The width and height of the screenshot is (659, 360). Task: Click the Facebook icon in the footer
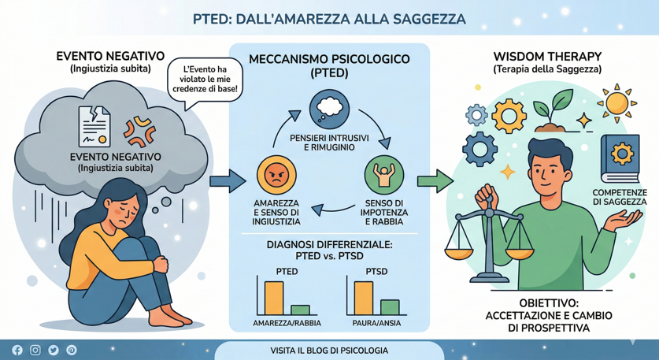[x=17, y=350]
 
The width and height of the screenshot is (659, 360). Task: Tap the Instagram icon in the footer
[x=35, y=350]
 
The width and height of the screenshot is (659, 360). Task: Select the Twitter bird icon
[x=54, y=350]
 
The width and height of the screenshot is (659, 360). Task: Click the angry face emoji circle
[x=276, y=175]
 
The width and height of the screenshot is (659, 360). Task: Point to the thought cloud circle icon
[x=329, y=109]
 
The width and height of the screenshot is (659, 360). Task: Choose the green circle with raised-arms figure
[x=383, y=175]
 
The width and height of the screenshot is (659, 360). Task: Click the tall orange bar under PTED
[x=274, y=299]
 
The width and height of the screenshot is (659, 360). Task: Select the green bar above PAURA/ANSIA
[x=390, y=307]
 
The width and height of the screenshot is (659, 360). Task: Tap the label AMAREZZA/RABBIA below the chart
[x=287, y=324]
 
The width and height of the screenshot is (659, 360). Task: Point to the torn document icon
[x=94, y=126]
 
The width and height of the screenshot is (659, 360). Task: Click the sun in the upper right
[x=617, y=103]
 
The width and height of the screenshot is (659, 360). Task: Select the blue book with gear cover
[x=620, y=158]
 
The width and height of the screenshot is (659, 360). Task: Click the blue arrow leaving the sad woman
[x=228, y=181]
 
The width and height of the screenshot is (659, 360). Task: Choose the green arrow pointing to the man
[x=435, y=181]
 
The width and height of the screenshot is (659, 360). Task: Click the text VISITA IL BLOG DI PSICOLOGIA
[x=329, y=351]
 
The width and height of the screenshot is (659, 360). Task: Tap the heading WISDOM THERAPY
[x=547, y=57]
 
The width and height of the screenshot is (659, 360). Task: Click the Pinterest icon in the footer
[x=72, y=350]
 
